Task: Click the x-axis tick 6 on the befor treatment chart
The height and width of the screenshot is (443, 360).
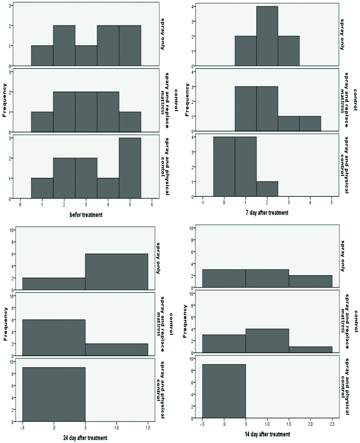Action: click(x=152, y=204)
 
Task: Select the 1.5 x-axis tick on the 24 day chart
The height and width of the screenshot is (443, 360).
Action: click(x=148, y=428)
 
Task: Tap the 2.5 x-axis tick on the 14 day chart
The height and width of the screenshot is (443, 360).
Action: click(x=332, y=423)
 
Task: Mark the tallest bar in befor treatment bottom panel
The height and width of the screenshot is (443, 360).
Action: click(x=130, y=168)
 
